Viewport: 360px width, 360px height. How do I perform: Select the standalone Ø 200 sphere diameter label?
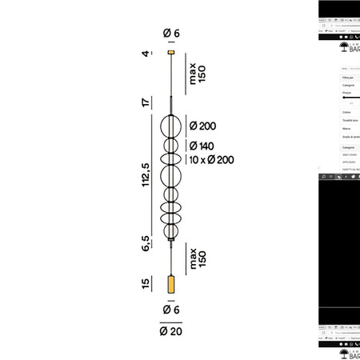(x=202, y=126)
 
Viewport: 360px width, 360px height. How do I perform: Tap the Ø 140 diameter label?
(x=202, y=146)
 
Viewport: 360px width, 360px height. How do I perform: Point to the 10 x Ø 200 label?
(x=212, y=160)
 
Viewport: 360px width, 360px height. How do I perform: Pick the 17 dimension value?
(x=146, y=102)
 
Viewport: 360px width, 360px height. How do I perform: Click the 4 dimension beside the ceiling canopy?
(x=146, y=54)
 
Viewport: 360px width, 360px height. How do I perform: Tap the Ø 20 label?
(x=170, y=331)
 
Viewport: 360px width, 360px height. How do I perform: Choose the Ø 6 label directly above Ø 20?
(x=170, y=310)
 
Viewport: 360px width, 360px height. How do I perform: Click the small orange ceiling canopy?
(x=170, y=53)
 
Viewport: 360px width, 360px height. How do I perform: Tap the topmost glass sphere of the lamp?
(x=170, y=126)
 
